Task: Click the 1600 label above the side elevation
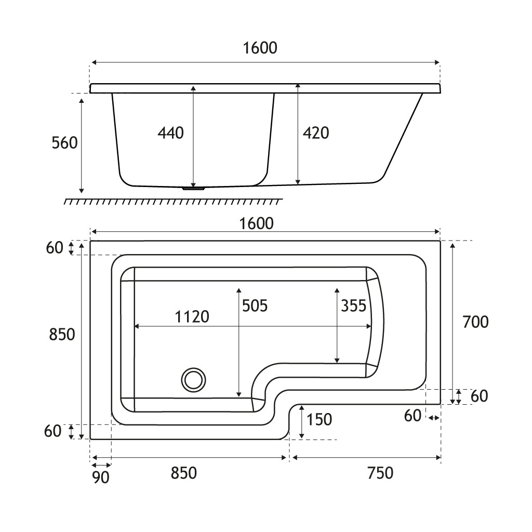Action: point(260,48)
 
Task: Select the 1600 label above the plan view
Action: point(256,223)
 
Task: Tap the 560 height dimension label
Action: point(64,143)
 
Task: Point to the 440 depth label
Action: point(170,133)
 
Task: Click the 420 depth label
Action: point(315,133)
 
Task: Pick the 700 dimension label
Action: point(475,322)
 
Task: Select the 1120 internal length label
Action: point(192,316)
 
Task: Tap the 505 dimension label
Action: point(255,305)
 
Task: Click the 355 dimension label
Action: point(354,305)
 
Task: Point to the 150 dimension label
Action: point(319,419)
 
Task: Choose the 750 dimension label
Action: point(380,473)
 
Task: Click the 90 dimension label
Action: point(101,477)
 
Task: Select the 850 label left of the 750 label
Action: point(184,473)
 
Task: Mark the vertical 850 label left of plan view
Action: point(62,335)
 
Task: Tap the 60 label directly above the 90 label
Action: point(52,431)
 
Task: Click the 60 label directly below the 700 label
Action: point(479,396)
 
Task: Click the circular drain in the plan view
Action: point(193,379)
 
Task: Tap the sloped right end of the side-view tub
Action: point(404,138)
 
